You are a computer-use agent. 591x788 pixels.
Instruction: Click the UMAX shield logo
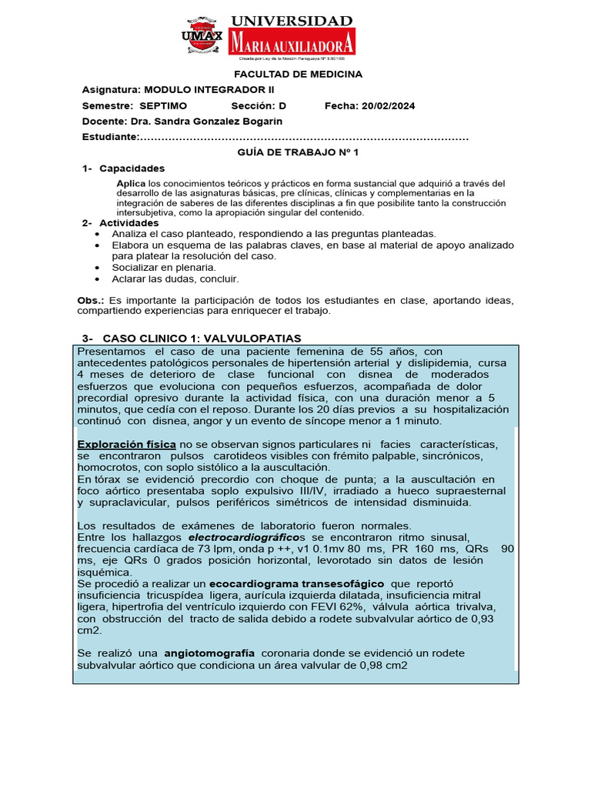point(202,35)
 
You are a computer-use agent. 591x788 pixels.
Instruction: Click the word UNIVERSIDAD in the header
point(292,21)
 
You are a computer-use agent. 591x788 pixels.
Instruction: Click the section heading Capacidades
point(132,169)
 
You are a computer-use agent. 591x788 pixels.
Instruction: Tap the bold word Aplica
point(131,183)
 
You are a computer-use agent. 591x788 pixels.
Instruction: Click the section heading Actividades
point(129,223)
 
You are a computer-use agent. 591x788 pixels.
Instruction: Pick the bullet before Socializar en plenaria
point(95,267)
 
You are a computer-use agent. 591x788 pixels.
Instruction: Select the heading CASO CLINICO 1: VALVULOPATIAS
point(202,339)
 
